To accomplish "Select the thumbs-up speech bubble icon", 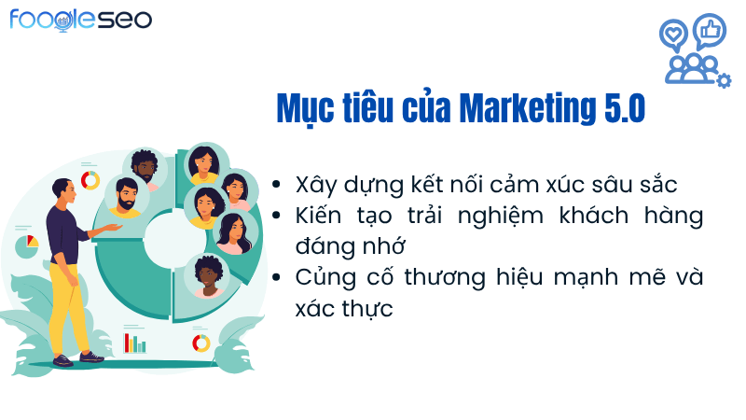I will (x=709, y=30).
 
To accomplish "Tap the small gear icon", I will (x=724, y=80).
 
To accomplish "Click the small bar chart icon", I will (x=135, y=342).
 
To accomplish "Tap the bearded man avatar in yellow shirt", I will (x=126, y=196).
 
